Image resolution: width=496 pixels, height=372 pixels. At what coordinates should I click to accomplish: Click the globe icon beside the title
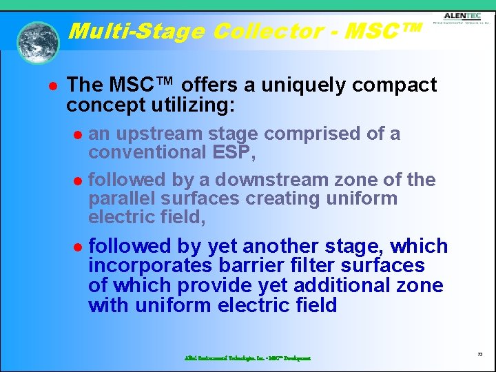point(38,43)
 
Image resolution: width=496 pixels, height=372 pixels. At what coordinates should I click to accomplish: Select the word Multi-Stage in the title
point(138,31)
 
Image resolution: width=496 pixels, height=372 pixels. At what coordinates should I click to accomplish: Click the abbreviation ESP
point(234,152)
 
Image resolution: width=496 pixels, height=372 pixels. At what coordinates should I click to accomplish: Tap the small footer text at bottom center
point(247,358)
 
